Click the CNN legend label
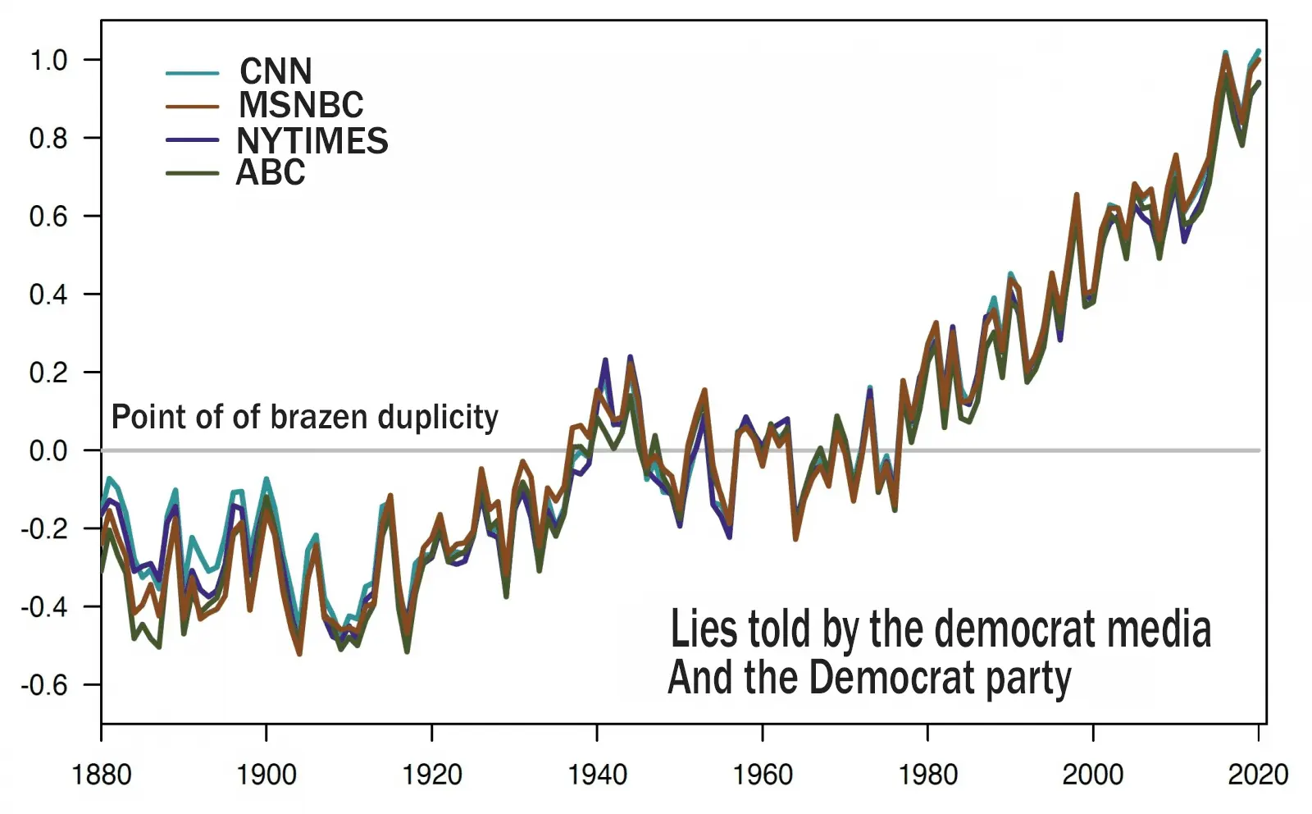click(276, 71)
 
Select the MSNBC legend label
click(301, 105)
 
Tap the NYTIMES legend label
click(312, 140)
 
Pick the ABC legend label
click(271, 172)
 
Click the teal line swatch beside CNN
click(192, 73)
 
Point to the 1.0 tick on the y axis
click(48, 60)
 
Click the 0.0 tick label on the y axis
click(48, 450)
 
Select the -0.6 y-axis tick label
click(45, 684)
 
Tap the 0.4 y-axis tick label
click(48, 294)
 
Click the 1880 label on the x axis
click(102, 774)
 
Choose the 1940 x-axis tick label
click(597, 774)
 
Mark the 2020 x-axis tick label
click(1257, 774)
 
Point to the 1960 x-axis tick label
click(763, 774)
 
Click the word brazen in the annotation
click(319, 417)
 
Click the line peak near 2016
click(1225, 55)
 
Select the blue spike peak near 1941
click(605, 360)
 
